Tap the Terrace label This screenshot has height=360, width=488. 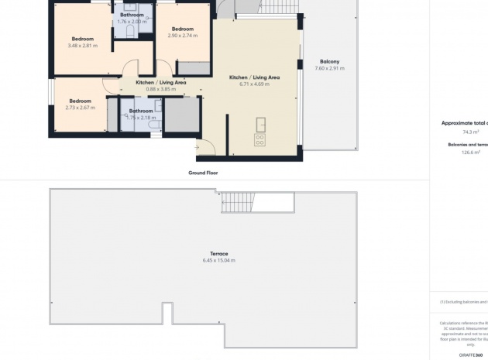218,253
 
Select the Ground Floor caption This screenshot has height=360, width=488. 203,173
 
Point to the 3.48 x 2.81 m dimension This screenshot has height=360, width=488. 82,46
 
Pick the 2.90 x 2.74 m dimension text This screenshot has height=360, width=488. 183,36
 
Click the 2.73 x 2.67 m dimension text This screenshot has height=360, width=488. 80,108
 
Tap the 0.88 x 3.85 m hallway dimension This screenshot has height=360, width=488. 161,89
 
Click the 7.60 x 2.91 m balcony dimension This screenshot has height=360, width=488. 329,68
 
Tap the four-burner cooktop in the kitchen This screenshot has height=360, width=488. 259,139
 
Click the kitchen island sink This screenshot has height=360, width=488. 259,123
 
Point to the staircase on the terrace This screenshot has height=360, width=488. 241,203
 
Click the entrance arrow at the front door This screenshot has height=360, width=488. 199,146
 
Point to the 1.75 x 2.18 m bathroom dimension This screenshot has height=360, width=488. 140,117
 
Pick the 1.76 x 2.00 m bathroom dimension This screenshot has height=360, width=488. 132,21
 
